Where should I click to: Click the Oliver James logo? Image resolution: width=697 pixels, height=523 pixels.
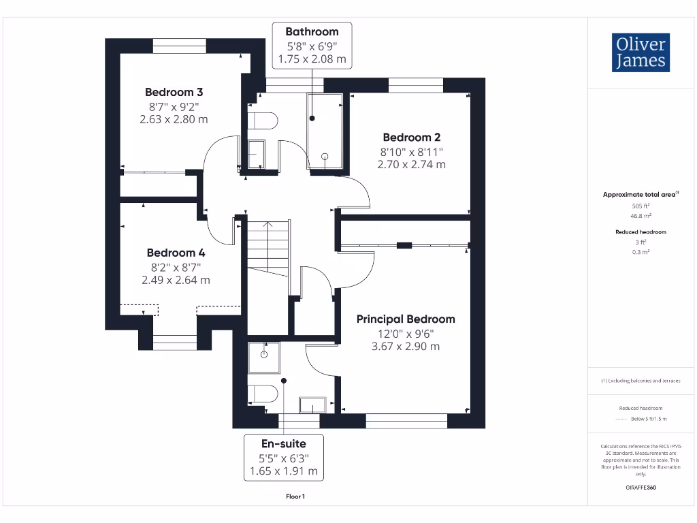coord(641,52)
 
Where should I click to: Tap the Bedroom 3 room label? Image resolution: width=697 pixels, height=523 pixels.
coord(174,92)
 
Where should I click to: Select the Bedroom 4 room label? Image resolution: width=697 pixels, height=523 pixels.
coord(176,253)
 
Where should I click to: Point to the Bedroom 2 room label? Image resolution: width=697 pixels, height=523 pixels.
coord(412,137)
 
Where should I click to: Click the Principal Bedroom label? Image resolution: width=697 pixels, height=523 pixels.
coord(406,319)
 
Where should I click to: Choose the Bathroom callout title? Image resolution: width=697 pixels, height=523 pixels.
coord(312,31)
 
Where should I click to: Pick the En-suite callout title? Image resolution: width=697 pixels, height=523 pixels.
coord(284,443)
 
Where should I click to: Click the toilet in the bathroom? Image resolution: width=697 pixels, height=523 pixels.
coord(263,121)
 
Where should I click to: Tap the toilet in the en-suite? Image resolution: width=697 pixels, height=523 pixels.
coord(263,394)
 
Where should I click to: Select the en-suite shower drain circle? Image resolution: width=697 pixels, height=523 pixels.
coord(264,354)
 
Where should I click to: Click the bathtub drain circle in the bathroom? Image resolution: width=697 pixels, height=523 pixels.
coord(325,157)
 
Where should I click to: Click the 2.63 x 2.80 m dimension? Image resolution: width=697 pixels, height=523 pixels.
coord(174,119)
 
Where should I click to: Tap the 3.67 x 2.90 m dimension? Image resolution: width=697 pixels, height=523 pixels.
coord(406,346)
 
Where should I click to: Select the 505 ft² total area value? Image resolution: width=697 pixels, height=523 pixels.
coord(641,206)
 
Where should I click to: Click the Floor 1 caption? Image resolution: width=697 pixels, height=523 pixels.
coord(295,496)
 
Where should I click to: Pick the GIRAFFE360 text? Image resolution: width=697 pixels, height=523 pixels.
coord(641,488)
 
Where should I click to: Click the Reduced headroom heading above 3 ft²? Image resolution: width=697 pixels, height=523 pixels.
coord(641,232)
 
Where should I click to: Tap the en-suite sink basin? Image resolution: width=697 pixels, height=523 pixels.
coord(312,405)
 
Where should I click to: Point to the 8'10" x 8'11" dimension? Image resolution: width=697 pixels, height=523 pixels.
coord(412,152)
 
